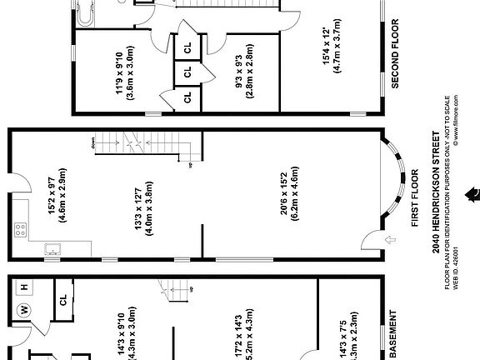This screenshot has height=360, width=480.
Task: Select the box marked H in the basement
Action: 24,287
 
